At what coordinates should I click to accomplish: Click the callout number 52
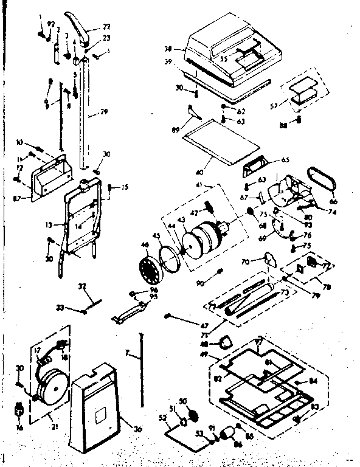point(162,417)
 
